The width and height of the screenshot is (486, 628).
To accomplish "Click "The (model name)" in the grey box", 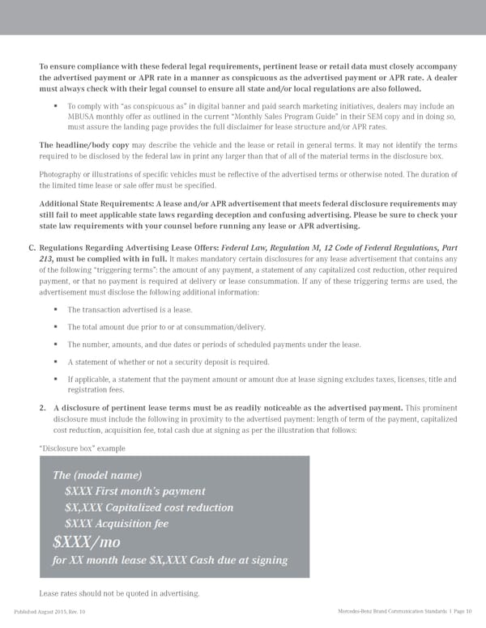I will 96,475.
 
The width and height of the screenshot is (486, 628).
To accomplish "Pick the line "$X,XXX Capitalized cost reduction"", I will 149,507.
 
